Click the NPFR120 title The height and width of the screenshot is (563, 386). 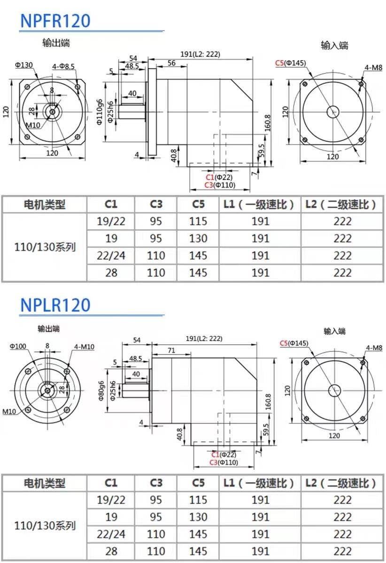pos(55,21)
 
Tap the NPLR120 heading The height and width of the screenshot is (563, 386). pos(55,305)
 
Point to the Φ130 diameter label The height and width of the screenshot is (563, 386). pos(24,65)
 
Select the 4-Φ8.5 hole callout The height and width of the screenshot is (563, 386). pos(63,66)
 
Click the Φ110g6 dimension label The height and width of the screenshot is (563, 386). pos(100,112)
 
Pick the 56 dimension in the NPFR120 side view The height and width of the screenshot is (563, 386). pos(171,63)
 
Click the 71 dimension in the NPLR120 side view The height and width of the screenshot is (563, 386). pos(171,350)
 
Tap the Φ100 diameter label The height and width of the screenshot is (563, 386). pos(18,346)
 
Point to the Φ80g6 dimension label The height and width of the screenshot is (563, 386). pos(101,391)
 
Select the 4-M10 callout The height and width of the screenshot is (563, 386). pos(84,347)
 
